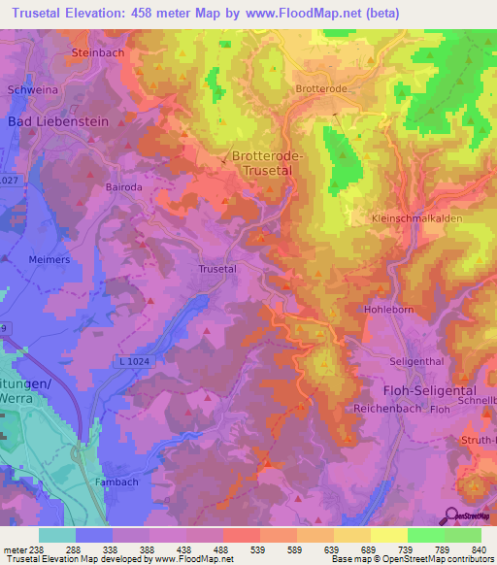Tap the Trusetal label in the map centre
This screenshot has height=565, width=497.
tap(217, 269)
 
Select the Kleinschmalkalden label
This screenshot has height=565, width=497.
tap(416, 218)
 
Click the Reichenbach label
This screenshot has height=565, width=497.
tap(388, 408)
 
